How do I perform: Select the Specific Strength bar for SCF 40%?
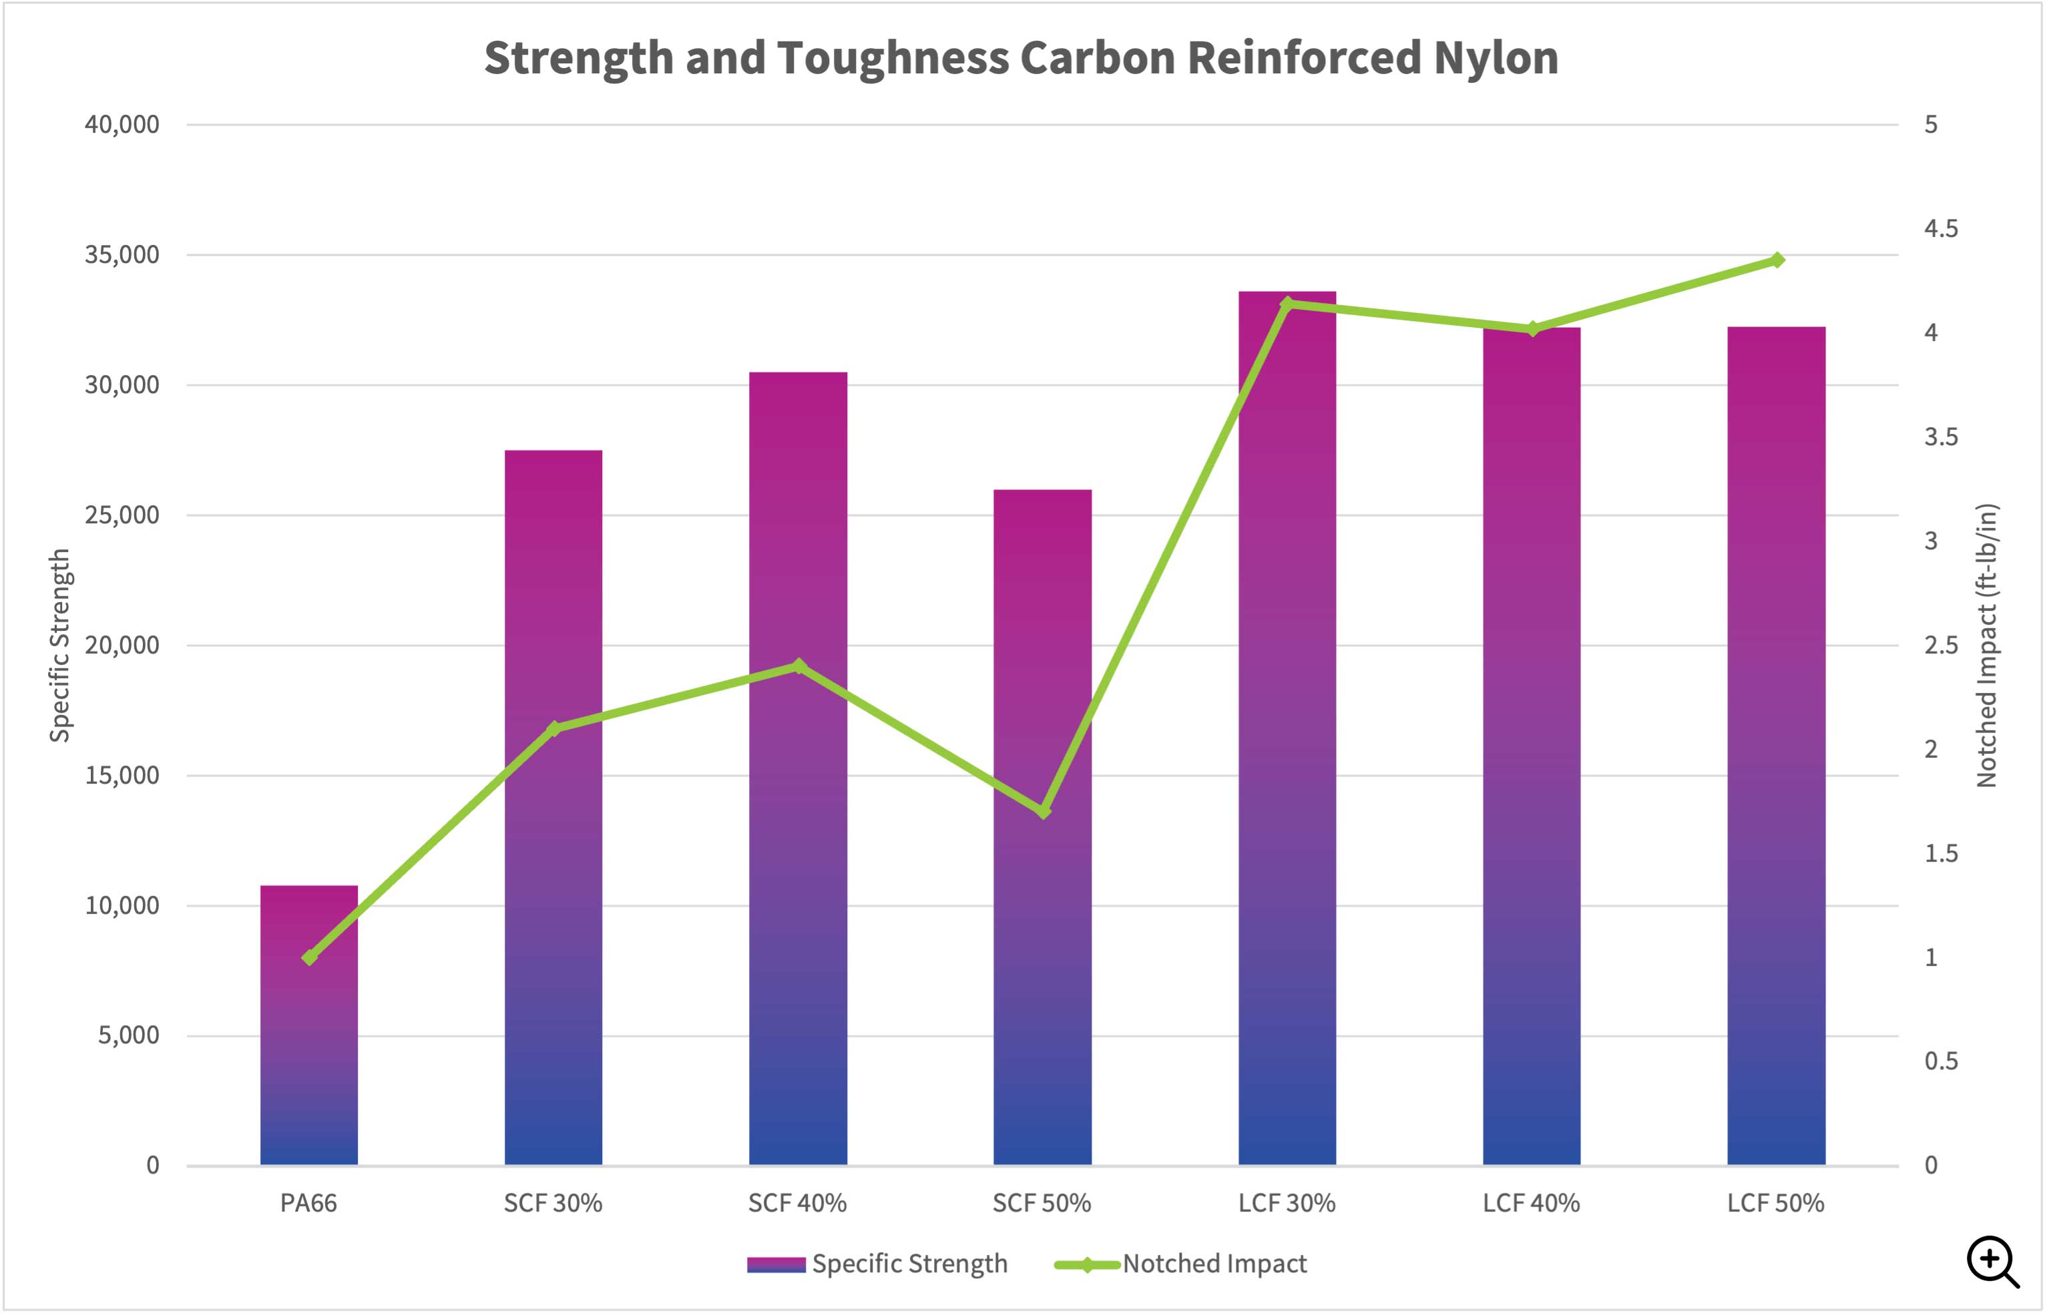click(798, 854)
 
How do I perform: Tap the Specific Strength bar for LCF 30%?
click(1287, 768)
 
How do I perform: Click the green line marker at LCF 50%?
click(1777, 260)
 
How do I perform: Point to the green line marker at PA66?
click(309, 957)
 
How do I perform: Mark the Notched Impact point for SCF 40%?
click(799, 666)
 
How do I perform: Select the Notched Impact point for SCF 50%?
click(1043, 811)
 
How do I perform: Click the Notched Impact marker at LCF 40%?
click(1532, 328)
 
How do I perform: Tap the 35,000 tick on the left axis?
click(122, 254)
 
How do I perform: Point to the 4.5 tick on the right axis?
click(1940, 229)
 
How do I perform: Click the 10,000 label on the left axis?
click(122, 905)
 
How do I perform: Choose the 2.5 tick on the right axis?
click(1940, 645)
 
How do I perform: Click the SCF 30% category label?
click(553, 1203)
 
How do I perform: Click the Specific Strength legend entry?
click(877, 1264)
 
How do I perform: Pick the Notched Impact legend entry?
click(1181, 1264)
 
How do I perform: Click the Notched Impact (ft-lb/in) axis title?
click(1987, 645)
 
